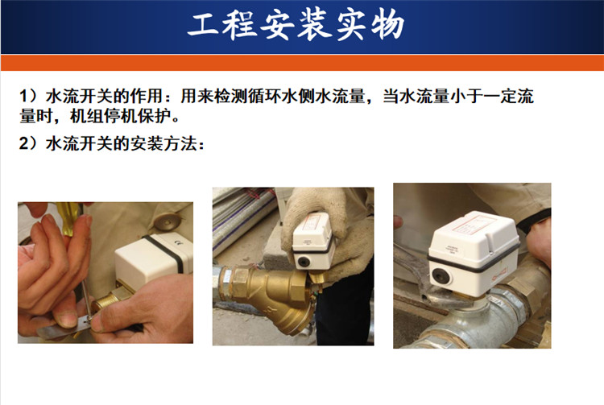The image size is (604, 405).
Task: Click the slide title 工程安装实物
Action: [x=296, y=25]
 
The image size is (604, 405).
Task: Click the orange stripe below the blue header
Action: [x=302, y=63]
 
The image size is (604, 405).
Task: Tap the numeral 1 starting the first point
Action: [x=23, y=96]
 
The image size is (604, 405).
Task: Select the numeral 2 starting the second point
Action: [x=24, y=143]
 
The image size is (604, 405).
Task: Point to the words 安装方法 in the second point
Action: [x=164, y=143]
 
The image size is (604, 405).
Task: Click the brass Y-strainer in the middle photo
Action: [x=270, y=297]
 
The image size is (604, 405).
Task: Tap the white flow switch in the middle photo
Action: [x=312, y=242]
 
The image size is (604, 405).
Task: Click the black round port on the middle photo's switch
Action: [x=303, y=262]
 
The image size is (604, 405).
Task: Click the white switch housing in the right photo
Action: [x=473, y=252]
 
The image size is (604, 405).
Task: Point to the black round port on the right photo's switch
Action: [x=440, y=276]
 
